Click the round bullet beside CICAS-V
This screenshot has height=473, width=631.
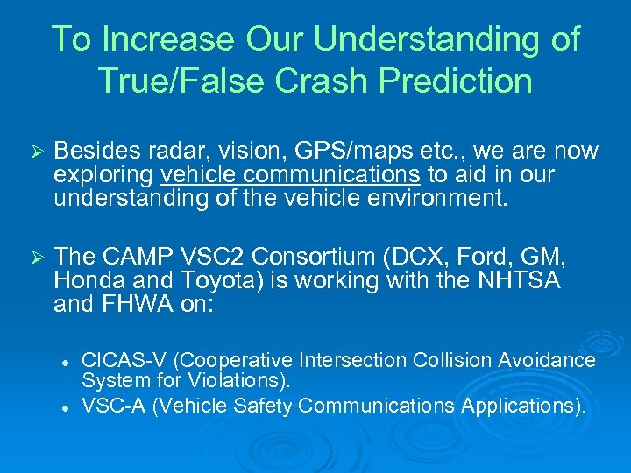coord(66,361)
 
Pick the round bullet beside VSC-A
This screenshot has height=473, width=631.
coord(66,406)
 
